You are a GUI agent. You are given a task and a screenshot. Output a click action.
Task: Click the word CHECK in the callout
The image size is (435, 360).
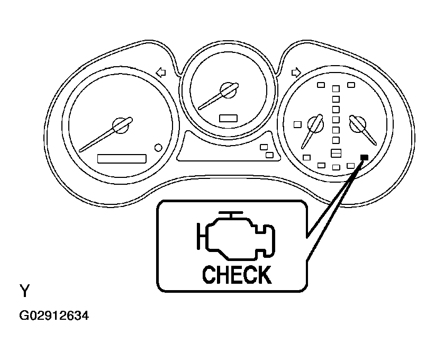tap(237, 275)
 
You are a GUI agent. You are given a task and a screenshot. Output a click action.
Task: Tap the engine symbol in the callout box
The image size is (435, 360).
tap(236, 236)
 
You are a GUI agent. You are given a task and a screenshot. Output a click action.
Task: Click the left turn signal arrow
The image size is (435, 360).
tap(161, 73)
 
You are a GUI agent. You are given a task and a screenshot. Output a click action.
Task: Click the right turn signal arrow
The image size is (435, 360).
tap(296, 73)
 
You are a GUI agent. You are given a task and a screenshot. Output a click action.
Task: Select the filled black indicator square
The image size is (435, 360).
tap(364, 158)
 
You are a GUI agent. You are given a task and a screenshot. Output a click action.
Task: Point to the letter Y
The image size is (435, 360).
tap(25, 291)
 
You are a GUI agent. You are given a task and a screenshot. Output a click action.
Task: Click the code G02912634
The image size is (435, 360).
tap(54, 316)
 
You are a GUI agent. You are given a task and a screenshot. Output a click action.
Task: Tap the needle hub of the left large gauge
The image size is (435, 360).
tap(121, 125)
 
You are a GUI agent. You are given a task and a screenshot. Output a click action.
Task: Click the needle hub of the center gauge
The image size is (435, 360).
tap(228, 90)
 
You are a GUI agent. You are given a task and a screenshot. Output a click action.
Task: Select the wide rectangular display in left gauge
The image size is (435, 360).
tap(122, 159)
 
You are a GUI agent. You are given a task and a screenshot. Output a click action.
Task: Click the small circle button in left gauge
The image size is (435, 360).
tap(158, 148)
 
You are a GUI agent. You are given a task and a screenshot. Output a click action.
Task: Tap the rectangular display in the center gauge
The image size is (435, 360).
tap(228, 118)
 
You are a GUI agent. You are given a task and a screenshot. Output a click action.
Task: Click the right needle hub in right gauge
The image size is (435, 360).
tap(357, 124)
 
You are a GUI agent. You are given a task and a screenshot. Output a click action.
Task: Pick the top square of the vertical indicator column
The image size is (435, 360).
tap(336, 89)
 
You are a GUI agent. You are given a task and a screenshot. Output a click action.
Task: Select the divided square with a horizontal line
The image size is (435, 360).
tap(336, 153)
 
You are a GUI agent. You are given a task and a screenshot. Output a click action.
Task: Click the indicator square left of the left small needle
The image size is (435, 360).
tap(297, 124)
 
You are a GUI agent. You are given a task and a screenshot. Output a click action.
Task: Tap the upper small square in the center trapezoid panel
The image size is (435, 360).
tap(264, 147)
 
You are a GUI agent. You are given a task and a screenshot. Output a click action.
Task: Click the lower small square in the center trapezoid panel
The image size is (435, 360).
tap(269, 155)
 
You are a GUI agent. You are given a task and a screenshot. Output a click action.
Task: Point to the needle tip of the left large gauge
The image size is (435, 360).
tap(80, 151)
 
